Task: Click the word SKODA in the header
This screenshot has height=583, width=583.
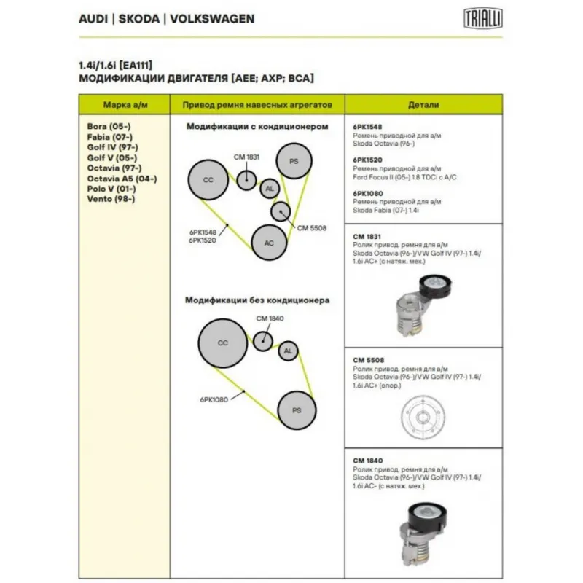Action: [139, 18]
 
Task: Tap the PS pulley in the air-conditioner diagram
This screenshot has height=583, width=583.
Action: [293, 161]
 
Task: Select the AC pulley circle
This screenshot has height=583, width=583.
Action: [269, 243]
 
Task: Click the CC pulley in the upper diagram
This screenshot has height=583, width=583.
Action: [207, 179]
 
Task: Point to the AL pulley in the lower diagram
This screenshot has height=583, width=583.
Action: [288, 351]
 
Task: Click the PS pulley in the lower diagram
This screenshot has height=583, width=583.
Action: [297, 410]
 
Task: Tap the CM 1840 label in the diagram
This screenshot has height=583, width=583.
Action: [270, 318]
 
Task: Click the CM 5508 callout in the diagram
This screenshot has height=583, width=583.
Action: [312, 227]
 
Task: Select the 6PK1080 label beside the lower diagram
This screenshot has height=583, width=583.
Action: [214, 399]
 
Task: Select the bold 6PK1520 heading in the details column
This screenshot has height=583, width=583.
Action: [367, 159]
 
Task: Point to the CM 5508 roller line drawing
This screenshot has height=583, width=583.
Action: [422, 418]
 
